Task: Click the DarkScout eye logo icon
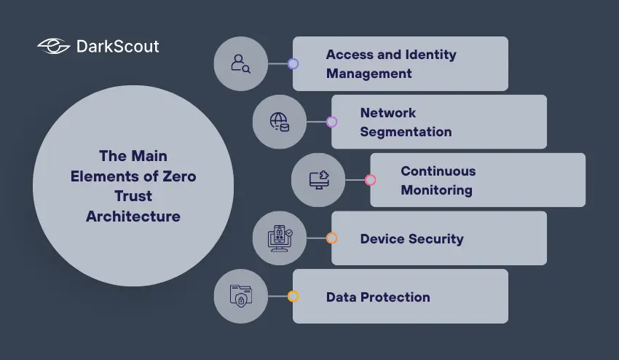[x=53, y=47]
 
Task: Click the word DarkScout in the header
[x=117, y=47]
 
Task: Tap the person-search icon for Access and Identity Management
[x=240, y=63]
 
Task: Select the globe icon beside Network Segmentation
[x=279, y=122]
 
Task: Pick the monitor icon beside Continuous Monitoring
[x=318, y=180]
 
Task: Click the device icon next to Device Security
[x=280, y=238]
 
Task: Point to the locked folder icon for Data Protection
[x=240, y=296]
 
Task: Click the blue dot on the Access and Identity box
[x=293, y=63]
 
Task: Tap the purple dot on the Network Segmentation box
[x=331, y=122]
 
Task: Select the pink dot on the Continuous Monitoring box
[x=370, y=180]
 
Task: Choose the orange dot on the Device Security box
[x=331, y=238]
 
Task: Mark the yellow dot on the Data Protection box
[x=293, y=297]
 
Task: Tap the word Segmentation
[x=406, y=132]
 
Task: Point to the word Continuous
[x=438, y=171]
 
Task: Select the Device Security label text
[x=411, y=238]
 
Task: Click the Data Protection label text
[x=378, y=297]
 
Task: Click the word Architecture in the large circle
[x=133, y=216]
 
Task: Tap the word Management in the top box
[x=368, y=74]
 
